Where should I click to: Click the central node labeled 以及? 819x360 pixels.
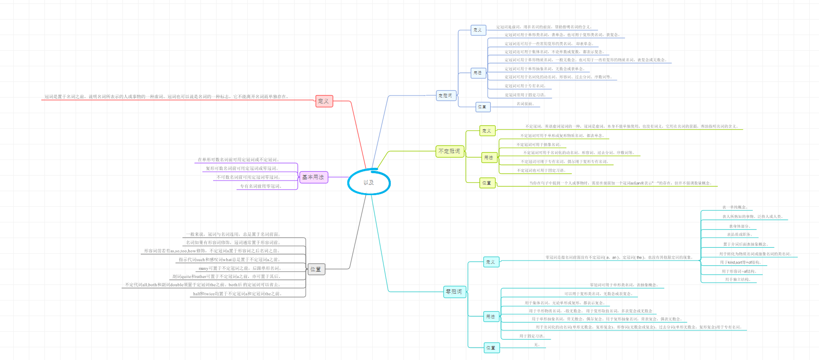(369, 182)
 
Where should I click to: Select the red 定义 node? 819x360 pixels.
(324, 101)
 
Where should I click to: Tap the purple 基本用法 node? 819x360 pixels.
(313, 177)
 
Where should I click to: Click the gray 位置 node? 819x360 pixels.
(316, 269)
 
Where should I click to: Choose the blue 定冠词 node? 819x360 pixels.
(445, 96)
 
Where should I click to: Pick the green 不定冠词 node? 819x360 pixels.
(449, 151)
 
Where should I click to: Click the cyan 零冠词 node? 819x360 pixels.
(454, 292)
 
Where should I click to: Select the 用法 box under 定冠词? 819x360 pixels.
(478, 73)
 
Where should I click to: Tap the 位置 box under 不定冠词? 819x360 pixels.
(487, 183)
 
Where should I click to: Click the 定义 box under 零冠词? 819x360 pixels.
(491, 262)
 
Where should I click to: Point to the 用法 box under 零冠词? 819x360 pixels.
(491, 317)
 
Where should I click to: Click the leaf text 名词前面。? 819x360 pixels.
(526, 104)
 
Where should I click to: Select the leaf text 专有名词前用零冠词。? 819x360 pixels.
(260, 186)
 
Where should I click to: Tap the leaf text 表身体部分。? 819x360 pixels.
(739, 226)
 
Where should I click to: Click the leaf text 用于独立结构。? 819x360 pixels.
(738, 280)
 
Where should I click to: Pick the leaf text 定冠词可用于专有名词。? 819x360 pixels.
(525, 86)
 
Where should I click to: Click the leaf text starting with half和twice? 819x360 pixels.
(237, 294)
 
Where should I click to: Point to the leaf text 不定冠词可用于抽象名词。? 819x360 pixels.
(539, 145)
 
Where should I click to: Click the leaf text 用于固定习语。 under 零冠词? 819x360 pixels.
(532, 336)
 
